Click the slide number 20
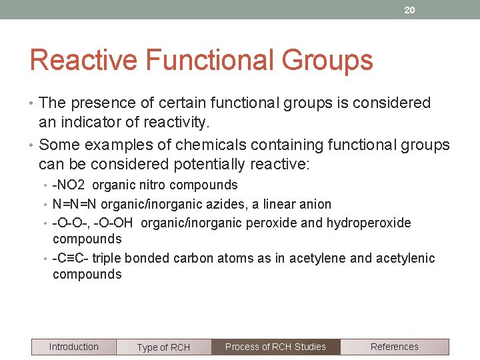point(409,10)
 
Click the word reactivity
point(179,123)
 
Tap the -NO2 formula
point(69,185)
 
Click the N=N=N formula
point(75,204)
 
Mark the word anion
point(313,204)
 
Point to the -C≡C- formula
point(70,258)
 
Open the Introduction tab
point(73,347)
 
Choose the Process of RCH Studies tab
point(275,347)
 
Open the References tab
point(394,347)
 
